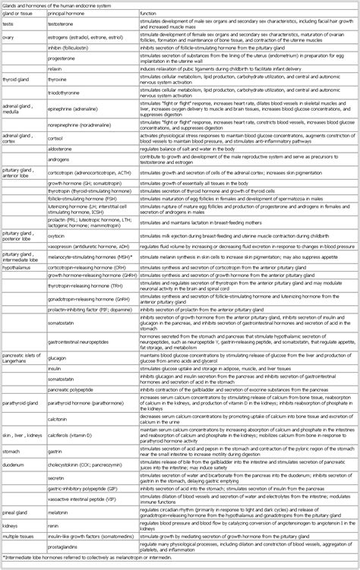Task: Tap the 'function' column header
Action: coord(152,15)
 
